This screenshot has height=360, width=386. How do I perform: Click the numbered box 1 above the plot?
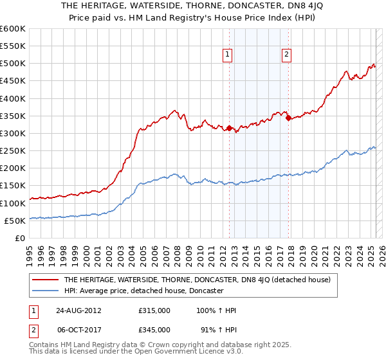coord(228,55)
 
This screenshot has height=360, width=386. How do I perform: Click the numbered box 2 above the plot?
coord(286,55)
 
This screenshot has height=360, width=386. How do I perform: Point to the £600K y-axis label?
coord(13,29)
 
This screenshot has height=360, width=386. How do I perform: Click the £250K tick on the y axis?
coord(13,150)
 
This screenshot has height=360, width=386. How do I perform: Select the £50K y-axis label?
coord(15,221)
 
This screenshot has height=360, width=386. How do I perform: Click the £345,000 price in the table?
coord(154,329)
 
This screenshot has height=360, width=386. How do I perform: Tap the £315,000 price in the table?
coord(154,310)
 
